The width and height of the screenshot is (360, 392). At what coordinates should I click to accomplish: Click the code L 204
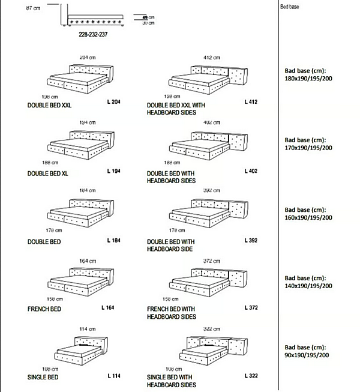coord(113,103)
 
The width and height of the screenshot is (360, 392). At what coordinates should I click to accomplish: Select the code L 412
coord(251,102)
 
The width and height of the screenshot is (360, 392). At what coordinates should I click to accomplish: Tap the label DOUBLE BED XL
coord(48,173)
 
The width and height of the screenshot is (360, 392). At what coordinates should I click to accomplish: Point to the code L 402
coord(251,171)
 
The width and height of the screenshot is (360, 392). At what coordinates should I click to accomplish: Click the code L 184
coord(113,241)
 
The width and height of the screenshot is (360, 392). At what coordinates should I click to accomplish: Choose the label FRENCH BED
coord(44,309)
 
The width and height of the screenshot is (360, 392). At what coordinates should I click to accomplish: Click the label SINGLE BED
coord(43,378)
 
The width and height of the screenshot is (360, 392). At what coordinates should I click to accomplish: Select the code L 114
coord(113,376)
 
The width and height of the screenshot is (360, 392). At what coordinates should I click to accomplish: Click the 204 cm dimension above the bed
coord(88,57)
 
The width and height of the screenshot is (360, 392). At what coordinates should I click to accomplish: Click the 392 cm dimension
coord(212,191)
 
